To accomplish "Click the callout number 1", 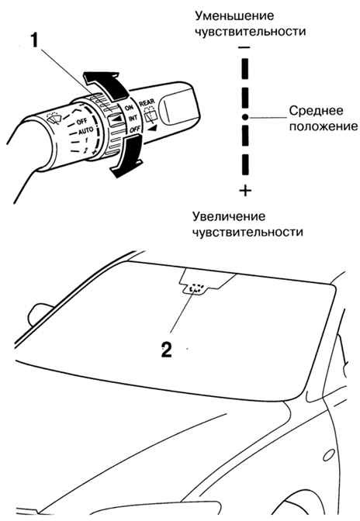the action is coord(35,41).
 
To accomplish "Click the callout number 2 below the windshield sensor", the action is coord(167,349).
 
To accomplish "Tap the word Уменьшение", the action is coord(234,16).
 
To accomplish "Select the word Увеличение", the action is coord(229,216).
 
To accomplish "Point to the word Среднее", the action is coord(316,111).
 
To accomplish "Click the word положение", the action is coord(323,126).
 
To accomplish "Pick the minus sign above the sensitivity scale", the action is coord(244,47).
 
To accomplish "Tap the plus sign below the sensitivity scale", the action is coord(245,191).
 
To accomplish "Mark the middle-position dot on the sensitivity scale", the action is coord(245,116).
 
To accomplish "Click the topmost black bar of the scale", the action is coord(245,69).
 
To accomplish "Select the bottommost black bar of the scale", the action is coord(245,165).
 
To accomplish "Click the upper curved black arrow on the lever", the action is coord(106,85).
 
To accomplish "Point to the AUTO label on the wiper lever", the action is coord(85,131).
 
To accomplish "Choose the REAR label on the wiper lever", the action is coord(147,103).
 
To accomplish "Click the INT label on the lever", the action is coord(133,118).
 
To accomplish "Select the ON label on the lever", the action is coord(129,107).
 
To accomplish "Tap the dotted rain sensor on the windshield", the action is coord(195,288).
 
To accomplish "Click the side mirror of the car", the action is coord(40,314).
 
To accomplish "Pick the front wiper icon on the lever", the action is coord(54,117).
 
